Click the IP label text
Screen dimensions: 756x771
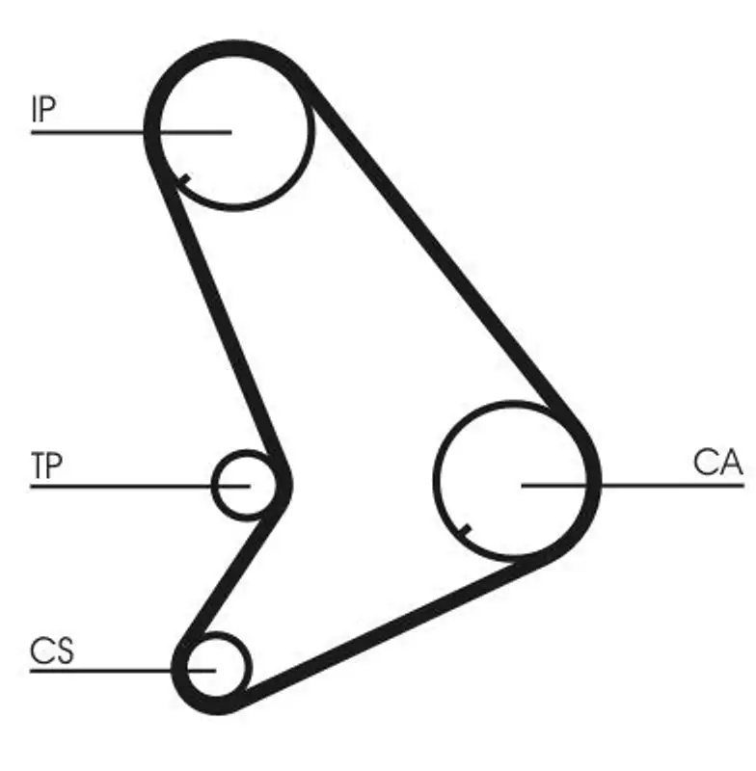tap(43, 109)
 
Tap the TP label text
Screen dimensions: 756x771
tap(46, 465)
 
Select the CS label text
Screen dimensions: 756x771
tap(52, 651)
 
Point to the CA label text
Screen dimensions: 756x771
tap(717, 463)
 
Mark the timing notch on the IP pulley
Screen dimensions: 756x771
tap(184, 179)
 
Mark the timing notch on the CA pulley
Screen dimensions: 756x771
tap(465, 529)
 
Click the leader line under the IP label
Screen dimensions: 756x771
tap(131, 132)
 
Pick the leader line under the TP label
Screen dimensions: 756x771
tap(140, 487)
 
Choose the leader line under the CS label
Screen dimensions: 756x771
tap(123, 671)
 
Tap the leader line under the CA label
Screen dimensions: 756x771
tap(633, 486)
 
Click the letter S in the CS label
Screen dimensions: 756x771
tap(64, 651)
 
